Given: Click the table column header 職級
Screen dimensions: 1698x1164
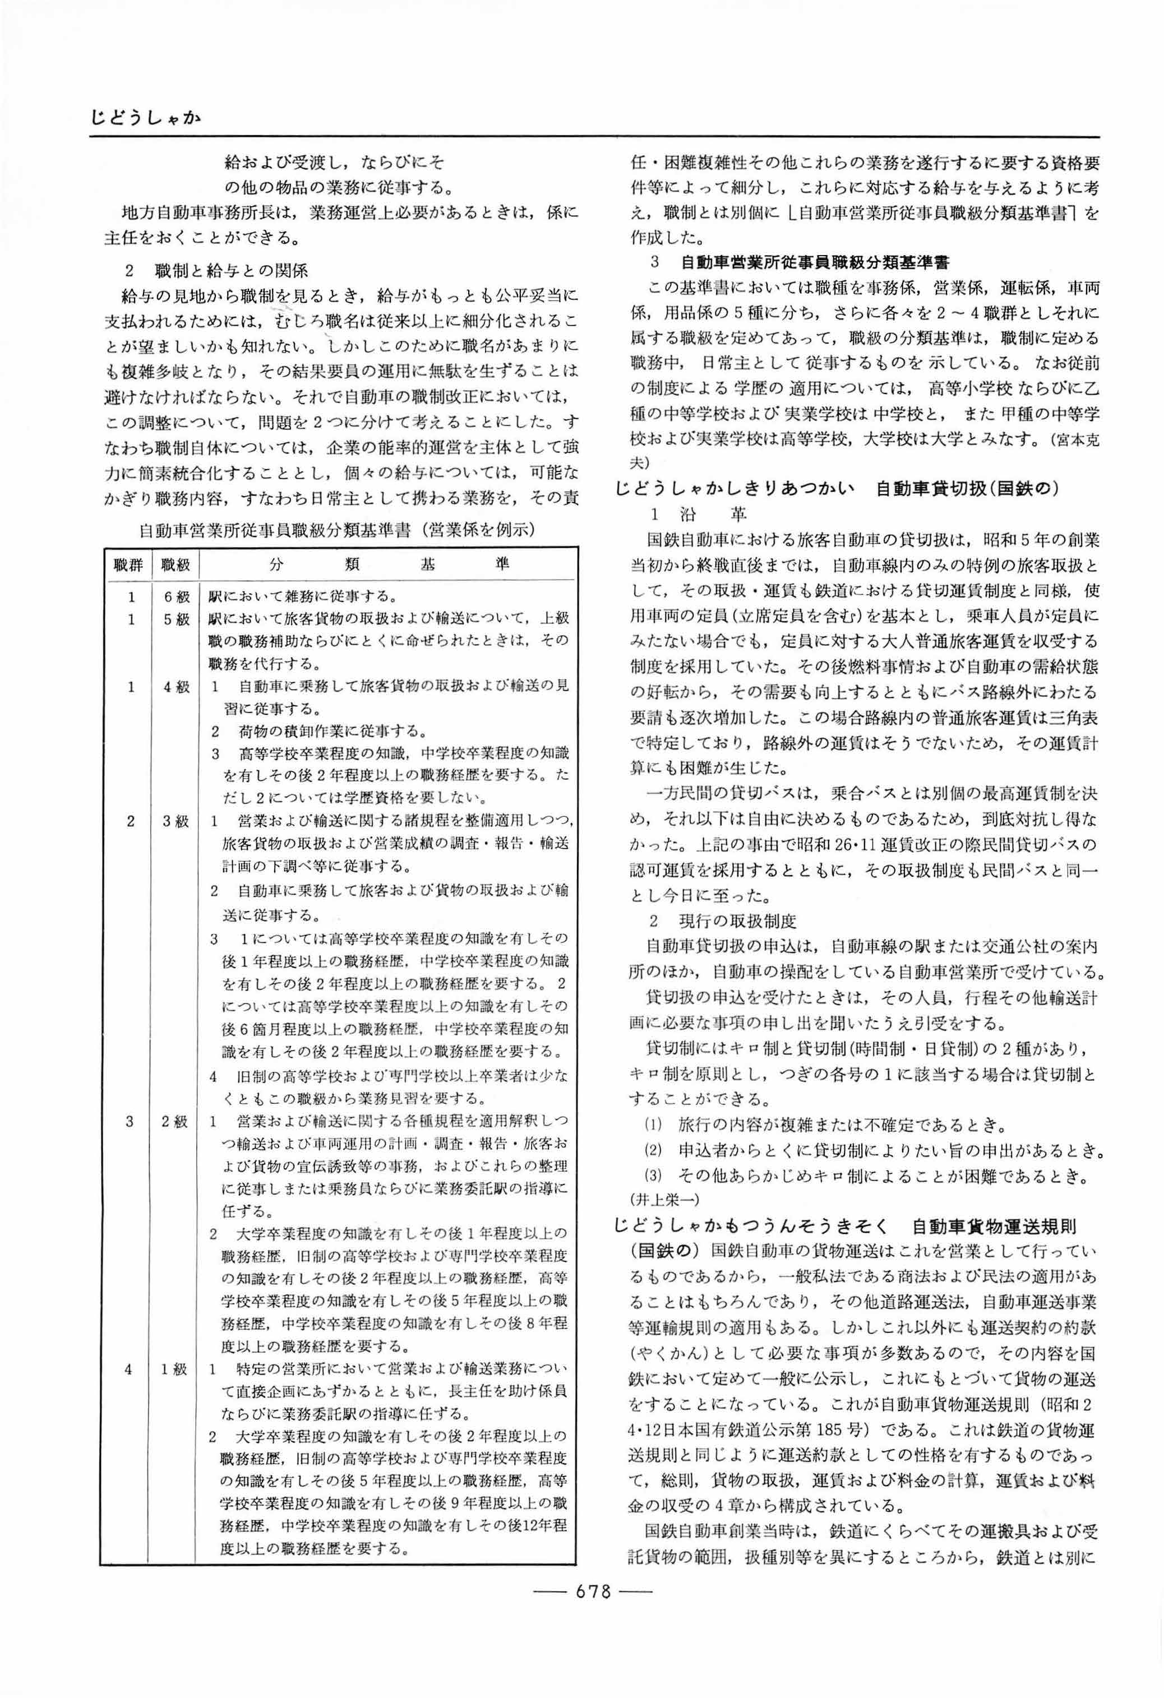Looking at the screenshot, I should pos(175,564).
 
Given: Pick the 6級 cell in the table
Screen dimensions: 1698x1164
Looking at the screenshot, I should pos(176,597).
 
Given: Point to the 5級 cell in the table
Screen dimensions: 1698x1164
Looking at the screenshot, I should pos(176,619).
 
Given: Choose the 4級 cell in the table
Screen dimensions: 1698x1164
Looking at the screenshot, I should pos(176,687).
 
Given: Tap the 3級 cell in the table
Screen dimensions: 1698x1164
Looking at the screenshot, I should pos(176,821).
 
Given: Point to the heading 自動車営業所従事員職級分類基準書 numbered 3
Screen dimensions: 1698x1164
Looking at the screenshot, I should pos(814,262).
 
